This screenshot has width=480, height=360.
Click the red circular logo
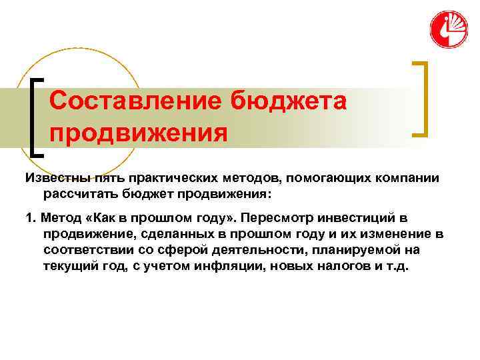[449, 29]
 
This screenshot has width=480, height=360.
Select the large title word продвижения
[138, 133]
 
